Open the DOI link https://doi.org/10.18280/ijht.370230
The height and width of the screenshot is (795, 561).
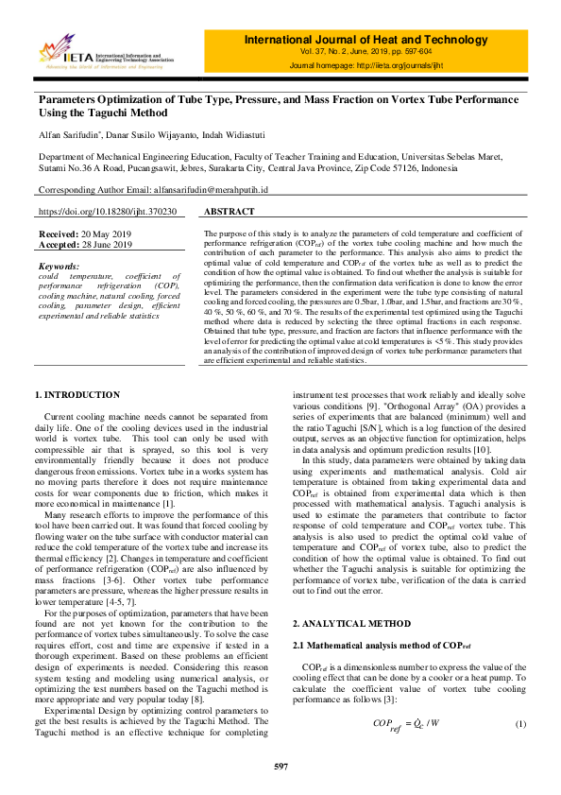click(x=107, y=213)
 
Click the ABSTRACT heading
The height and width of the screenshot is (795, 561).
click(x=229, y=213)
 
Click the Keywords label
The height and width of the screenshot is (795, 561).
click(x=60, y=267)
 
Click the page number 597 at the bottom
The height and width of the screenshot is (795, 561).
click(x=280, y=766)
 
